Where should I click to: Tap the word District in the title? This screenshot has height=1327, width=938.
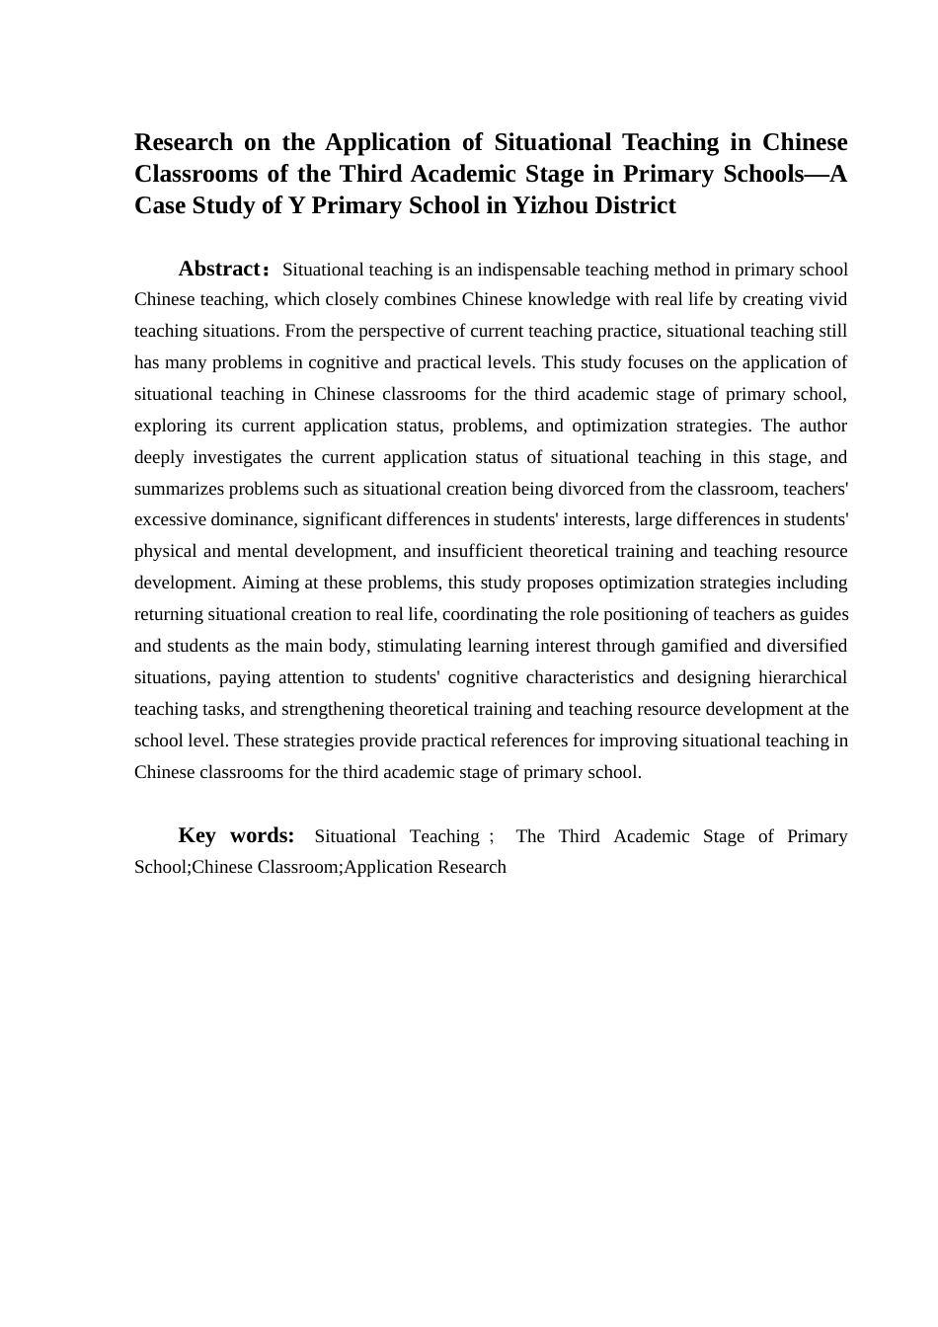[x=636, y=205]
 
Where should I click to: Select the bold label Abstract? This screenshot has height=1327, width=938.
[x=219, y=269]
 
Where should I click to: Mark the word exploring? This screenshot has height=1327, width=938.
[x=170, y=426]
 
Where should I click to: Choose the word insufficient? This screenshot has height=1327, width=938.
[x=478, y=551]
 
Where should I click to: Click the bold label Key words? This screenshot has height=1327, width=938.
[x=236, y=835]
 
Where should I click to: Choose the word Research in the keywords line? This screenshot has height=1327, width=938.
[x=470, y=867]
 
